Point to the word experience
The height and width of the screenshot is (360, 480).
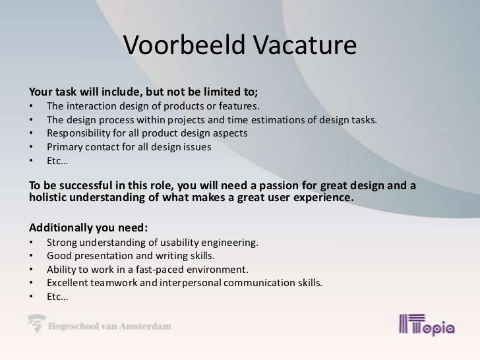[317, 198]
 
